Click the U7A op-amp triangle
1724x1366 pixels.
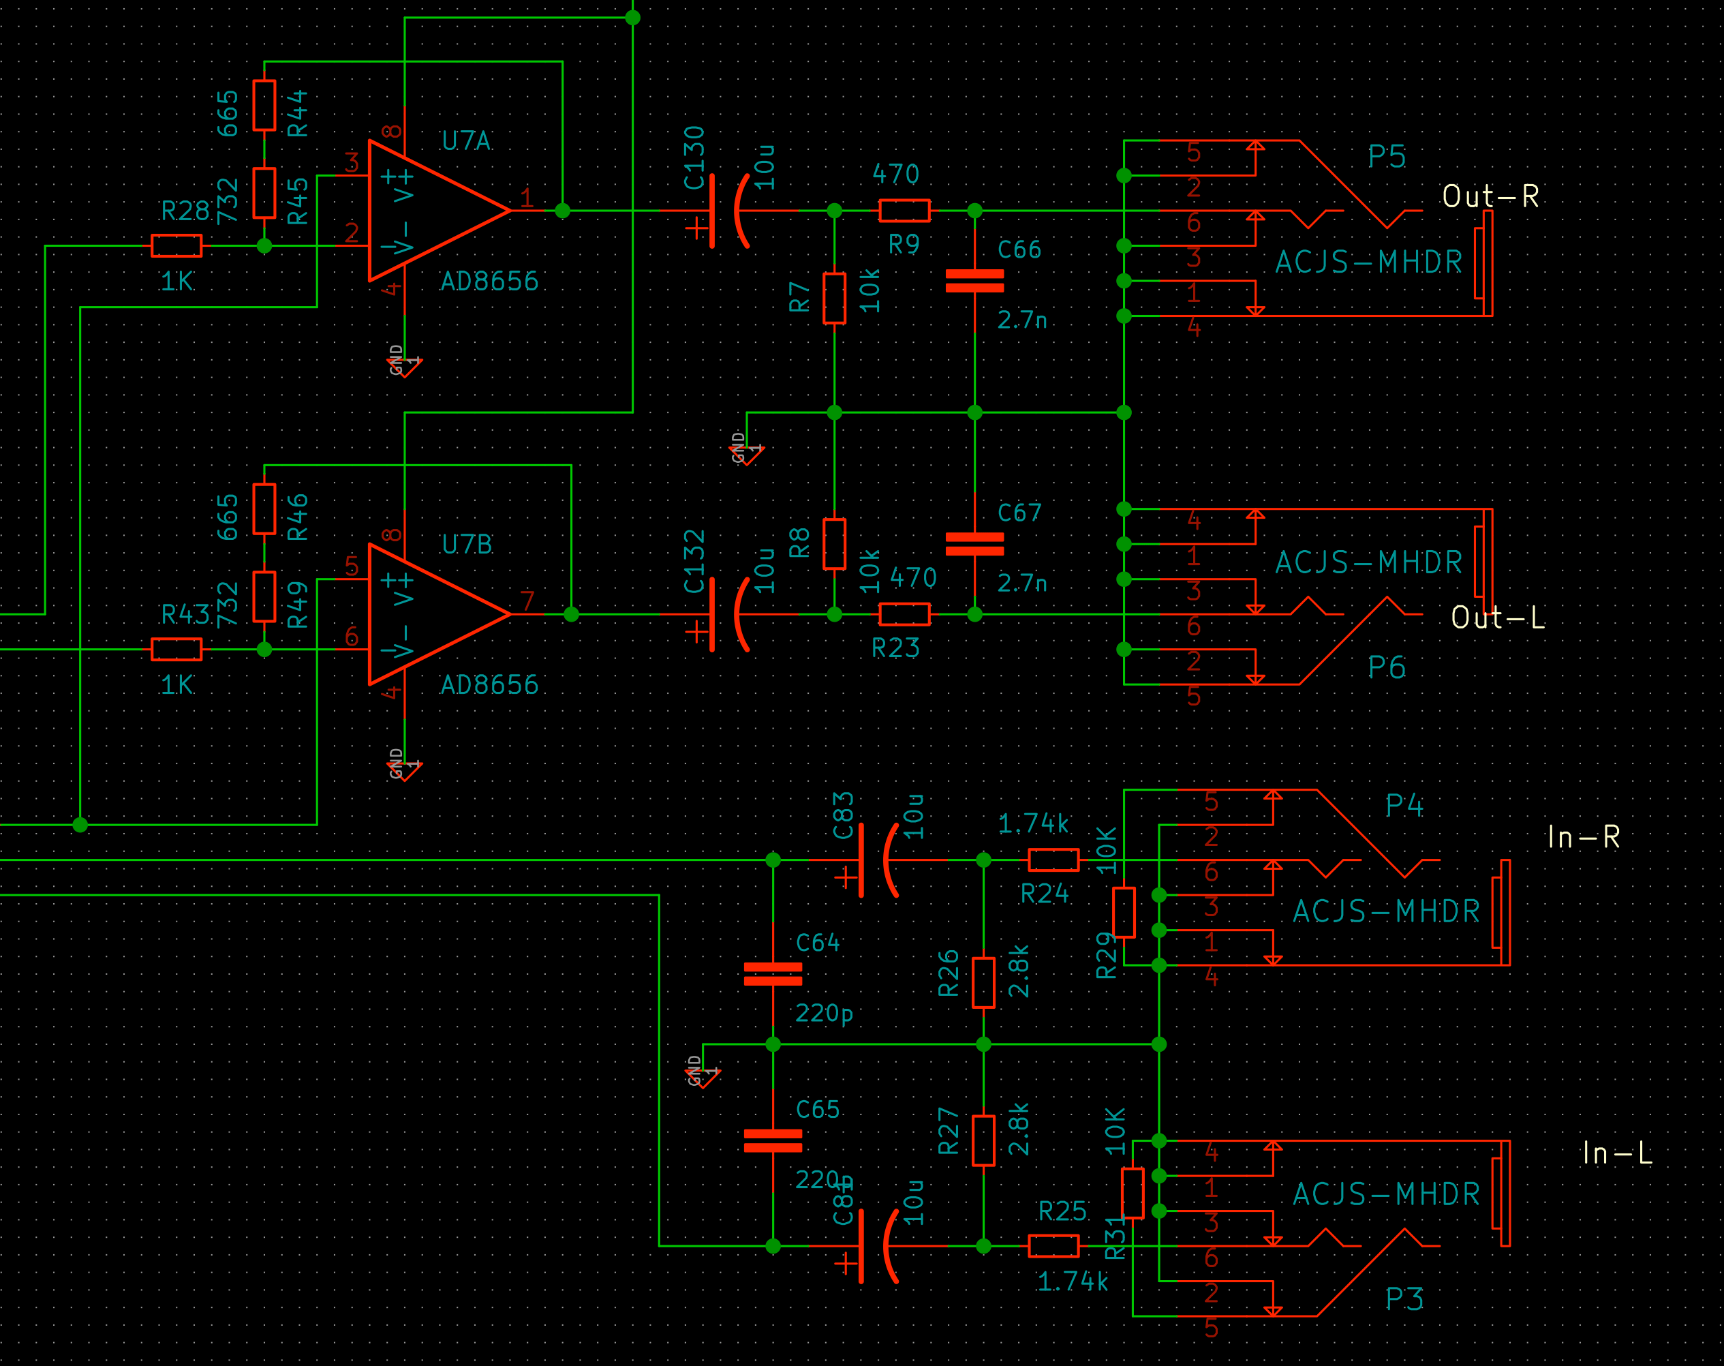(x=432, y=211)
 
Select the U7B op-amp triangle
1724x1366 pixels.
(x=432, y=614)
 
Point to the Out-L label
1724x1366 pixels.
(x=1498, y=618)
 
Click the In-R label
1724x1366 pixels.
(x=1583, y=837)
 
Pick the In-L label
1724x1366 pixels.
(x=1617, y=1153)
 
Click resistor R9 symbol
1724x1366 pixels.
(x=904, y=211)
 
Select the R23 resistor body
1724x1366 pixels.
(x=904, y=614)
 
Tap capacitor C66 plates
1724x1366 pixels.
(x=974, y=281)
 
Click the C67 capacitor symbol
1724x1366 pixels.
(x=974, y=544)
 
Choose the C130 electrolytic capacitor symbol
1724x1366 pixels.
(x=724, y=211)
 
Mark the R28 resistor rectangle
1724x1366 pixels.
(x=176, y=245)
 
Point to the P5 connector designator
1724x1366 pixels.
(x=1386, y=157)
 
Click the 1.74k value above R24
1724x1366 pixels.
(x=1033, y=824)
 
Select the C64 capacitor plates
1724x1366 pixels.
(x=773, y=974)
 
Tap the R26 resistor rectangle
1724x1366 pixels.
(x=983, y=983)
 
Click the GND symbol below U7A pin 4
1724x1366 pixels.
(x=405, y=365)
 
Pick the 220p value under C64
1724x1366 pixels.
(x=824, y=1014)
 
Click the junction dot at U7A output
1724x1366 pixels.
(x=562, y=211)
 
